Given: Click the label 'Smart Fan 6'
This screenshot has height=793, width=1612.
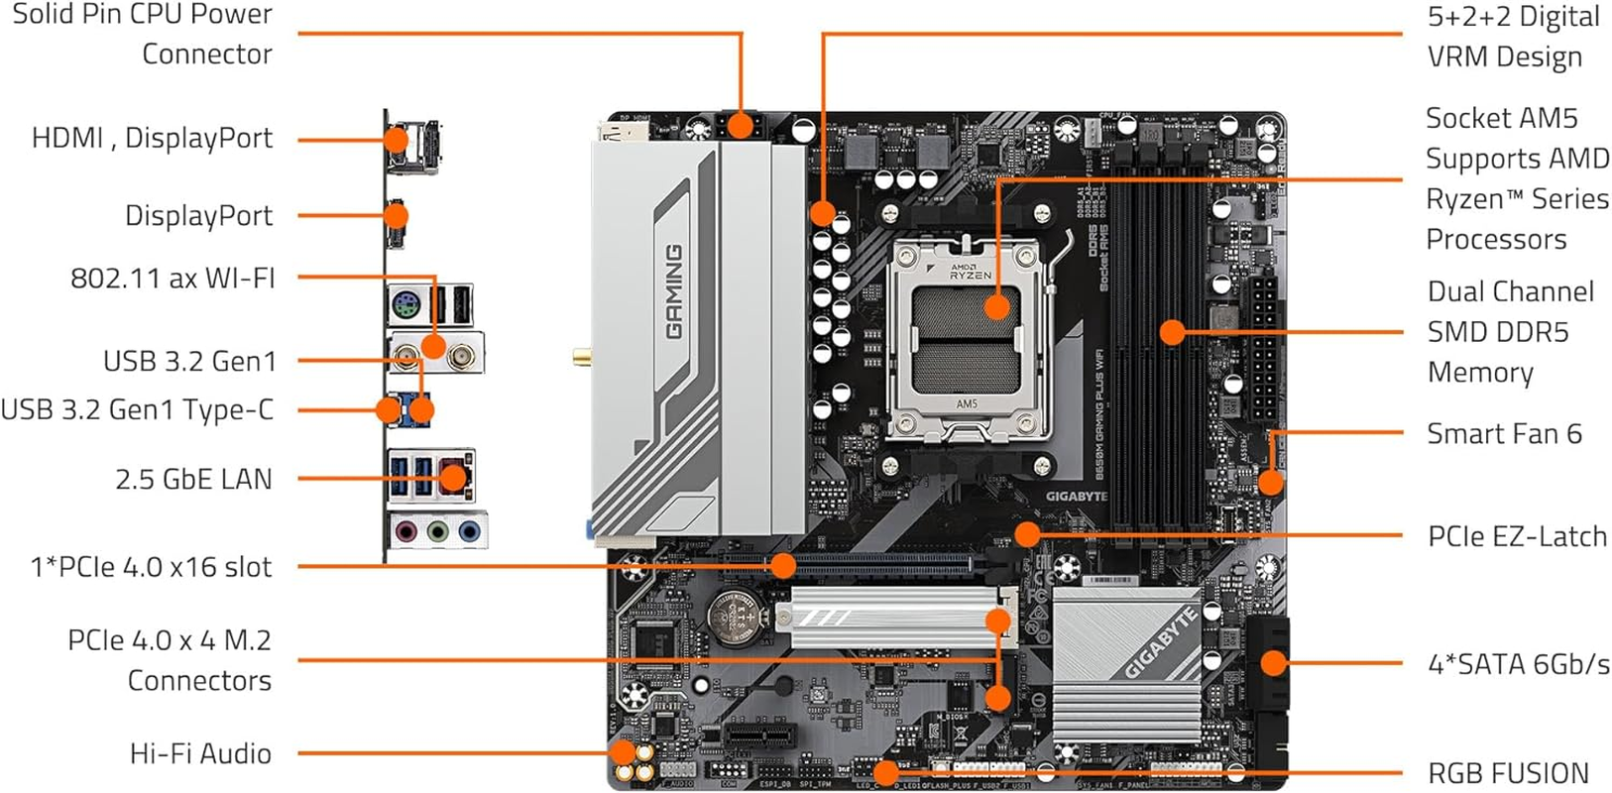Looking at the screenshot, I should [x=1503, y=433].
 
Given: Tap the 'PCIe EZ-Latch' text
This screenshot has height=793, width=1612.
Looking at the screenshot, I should [x=1516, y=536].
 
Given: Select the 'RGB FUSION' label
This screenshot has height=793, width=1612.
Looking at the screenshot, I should [x=1507, y=773].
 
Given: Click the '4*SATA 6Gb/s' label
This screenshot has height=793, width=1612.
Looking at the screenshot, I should [x=1518, y=664].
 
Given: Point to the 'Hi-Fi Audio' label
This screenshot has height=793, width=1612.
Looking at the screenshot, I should [x=200, y=753].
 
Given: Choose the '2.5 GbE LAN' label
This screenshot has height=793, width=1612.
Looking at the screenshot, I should [x=193, y=479].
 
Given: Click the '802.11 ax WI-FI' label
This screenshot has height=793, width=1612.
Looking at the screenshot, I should [x=173, y=278].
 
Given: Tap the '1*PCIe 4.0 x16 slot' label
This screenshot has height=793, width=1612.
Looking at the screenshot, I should [x=151, y=567].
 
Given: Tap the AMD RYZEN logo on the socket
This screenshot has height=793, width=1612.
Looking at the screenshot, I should [x=969, y=272].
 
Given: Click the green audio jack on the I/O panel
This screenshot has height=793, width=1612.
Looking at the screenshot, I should [x=437, y=532].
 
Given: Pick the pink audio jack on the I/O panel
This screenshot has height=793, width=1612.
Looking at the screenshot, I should [x=404, y=532].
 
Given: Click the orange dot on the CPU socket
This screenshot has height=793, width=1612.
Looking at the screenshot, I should [x=997, y=305].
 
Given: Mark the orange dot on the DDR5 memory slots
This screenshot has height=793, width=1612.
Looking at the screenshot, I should [x=1172, y=331].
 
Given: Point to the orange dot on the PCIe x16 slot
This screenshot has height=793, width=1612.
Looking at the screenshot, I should [x=783, y=566].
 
